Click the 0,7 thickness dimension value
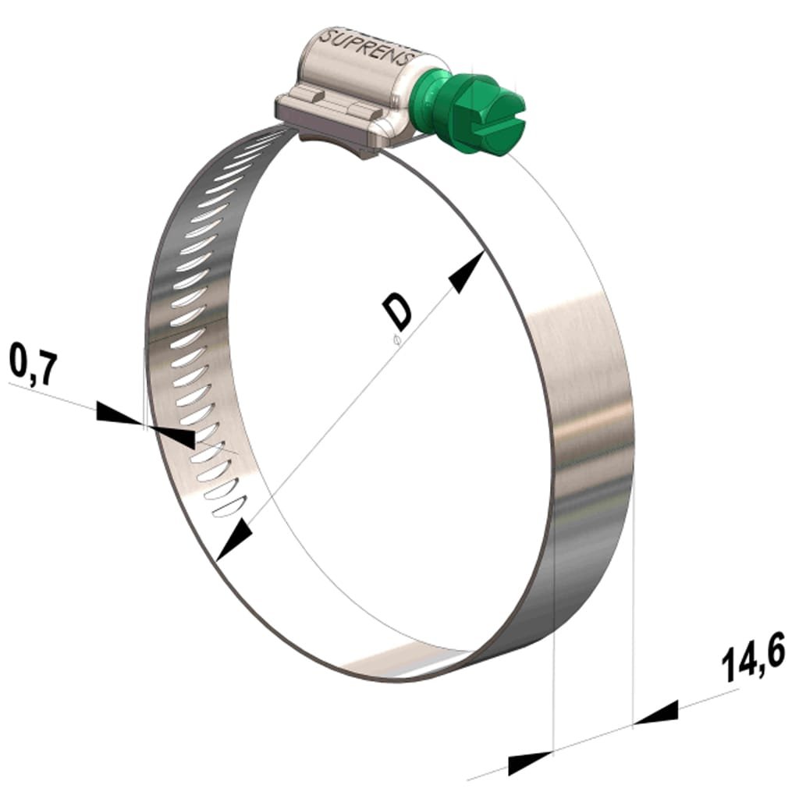33,368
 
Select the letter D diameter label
399,311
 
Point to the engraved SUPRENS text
374,49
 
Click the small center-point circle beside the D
396,339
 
